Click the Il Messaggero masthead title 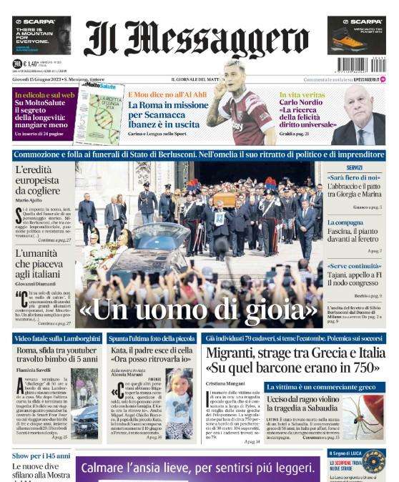pyautogui.click(x=199, y=39)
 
